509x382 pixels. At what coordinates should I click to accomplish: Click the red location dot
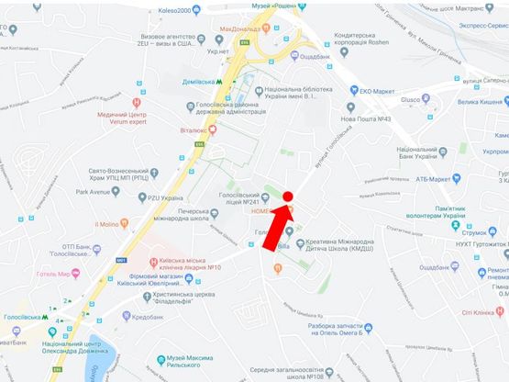(x=287, y=197)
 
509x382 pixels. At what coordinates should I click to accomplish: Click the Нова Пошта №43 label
(x=367, y=119)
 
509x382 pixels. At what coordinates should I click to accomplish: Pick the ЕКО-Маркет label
(x=378, y=90)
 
